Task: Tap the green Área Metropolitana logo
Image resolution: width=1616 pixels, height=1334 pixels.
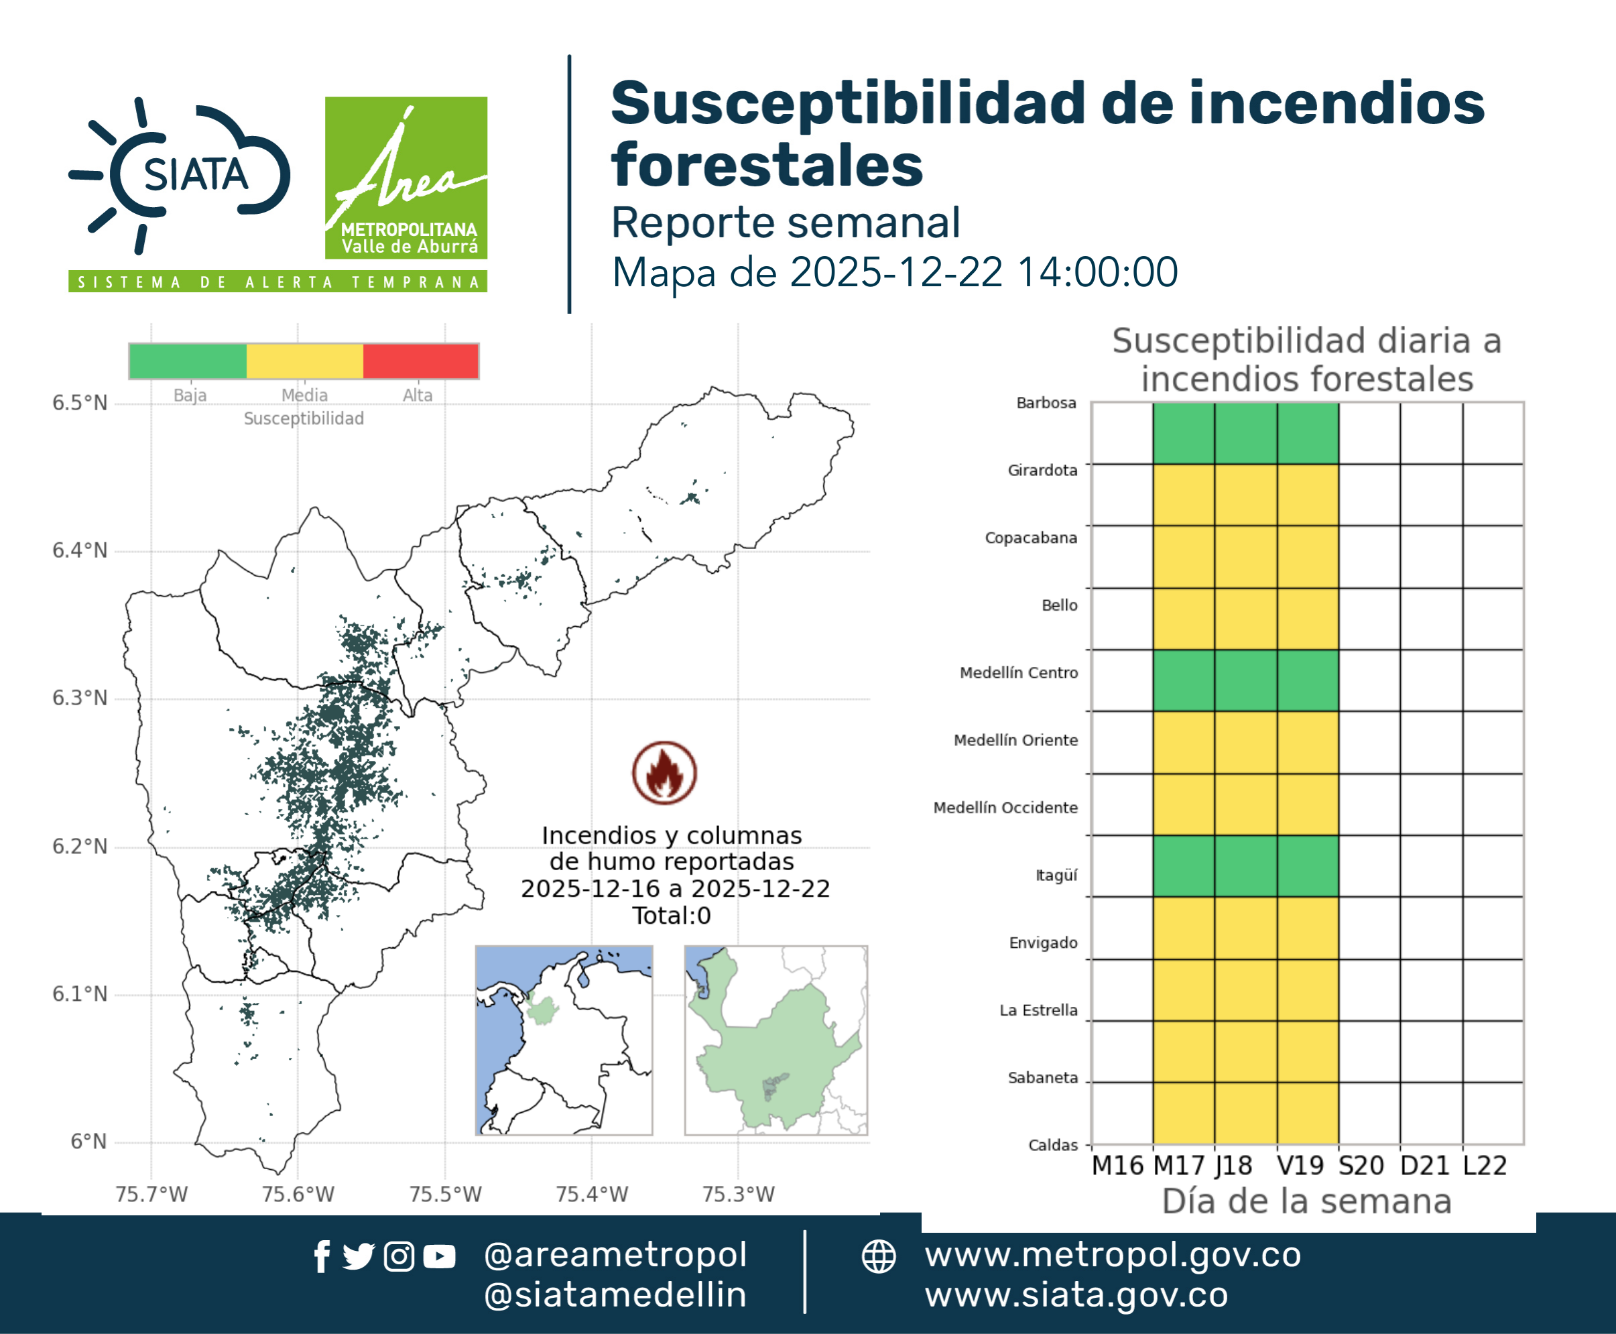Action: pos(406,178)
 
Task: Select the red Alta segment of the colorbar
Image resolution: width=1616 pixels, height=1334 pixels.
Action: pos(420,361)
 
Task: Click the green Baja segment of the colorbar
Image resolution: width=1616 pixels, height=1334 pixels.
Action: pos(188,361)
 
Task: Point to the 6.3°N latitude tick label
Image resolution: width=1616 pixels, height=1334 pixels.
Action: pos(80,698)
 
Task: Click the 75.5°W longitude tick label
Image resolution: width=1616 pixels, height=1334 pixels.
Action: pos(445,1194)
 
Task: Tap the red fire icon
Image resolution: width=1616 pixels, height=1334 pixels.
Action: pos(665,772)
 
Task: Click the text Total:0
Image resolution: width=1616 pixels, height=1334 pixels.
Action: pos(672,915)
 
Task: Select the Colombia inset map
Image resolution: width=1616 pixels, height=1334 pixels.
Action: pos(564,1040)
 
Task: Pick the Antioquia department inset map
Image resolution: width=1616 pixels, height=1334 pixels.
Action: pos(776,1040)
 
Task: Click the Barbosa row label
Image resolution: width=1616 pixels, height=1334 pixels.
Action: pos(1046,403)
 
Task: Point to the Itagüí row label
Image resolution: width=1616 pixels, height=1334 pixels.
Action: pos(1056,875)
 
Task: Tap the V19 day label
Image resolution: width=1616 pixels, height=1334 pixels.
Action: pos(1300,1166)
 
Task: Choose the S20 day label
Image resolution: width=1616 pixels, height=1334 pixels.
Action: pos(1361,1166)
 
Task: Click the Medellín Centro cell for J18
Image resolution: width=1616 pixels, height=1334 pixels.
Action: pos(1245,680)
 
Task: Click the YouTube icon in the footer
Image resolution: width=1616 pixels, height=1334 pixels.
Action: pos(439,1257)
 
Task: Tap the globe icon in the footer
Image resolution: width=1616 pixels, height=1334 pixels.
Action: pos(878,1257)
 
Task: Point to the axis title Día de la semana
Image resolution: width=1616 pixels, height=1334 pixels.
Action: pos(1306,1201)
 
